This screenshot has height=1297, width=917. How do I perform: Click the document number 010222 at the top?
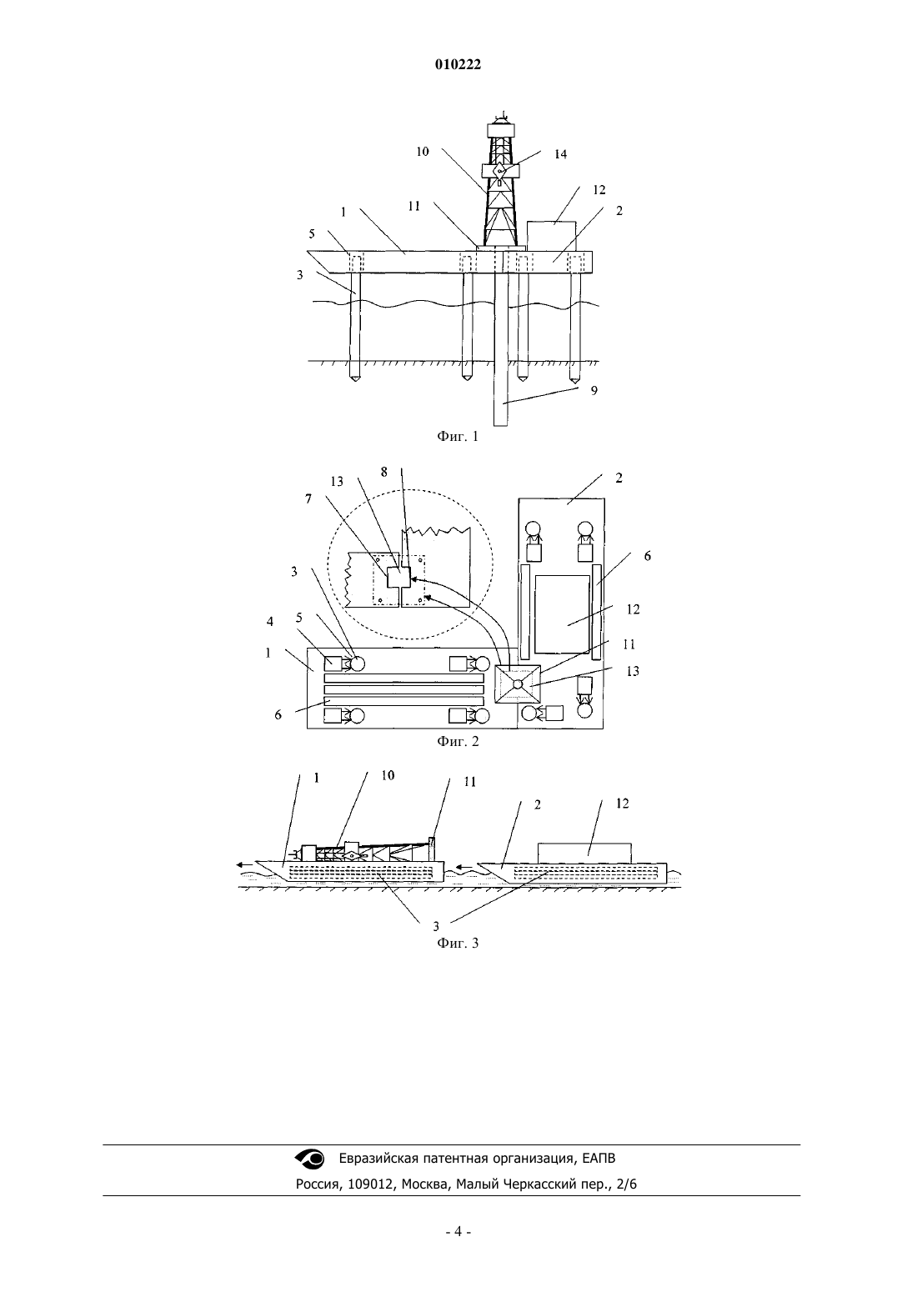[x=458, y=64]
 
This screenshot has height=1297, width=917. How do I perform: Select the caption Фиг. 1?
[x=458, y=437]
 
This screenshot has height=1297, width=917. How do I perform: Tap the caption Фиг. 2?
[x=458, y=741]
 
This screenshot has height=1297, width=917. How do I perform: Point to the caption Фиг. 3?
[x=458, y=943]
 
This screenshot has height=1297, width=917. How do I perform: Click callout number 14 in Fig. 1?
[x=560, y=154]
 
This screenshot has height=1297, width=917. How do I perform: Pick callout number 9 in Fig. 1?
[x=594, y=390]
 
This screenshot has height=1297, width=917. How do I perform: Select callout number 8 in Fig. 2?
[x=383, y=472]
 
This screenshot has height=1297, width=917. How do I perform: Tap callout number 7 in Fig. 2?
[x=308, y=498]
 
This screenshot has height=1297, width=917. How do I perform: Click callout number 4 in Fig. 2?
[x=270, y=621]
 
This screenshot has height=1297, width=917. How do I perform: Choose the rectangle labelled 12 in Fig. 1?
[x=552, y=236]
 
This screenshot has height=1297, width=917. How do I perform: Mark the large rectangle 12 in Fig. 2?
[x=562, y=613]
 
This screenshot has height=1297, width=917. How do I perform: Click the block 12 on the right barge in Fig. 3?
[x=584, y=853]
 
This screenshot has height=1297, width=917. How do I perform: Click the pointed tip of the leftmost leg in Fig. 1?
[x=355, y=382]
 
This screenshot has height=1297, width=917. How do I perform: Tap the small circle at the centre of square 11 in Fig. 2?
[x=518, y=684]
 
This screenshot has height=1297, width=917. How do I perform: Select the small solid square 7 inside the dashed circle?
[x=398, y=578]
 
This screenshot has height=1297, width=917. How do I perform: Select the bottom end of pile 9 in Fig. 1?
[x=500, y=426]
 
